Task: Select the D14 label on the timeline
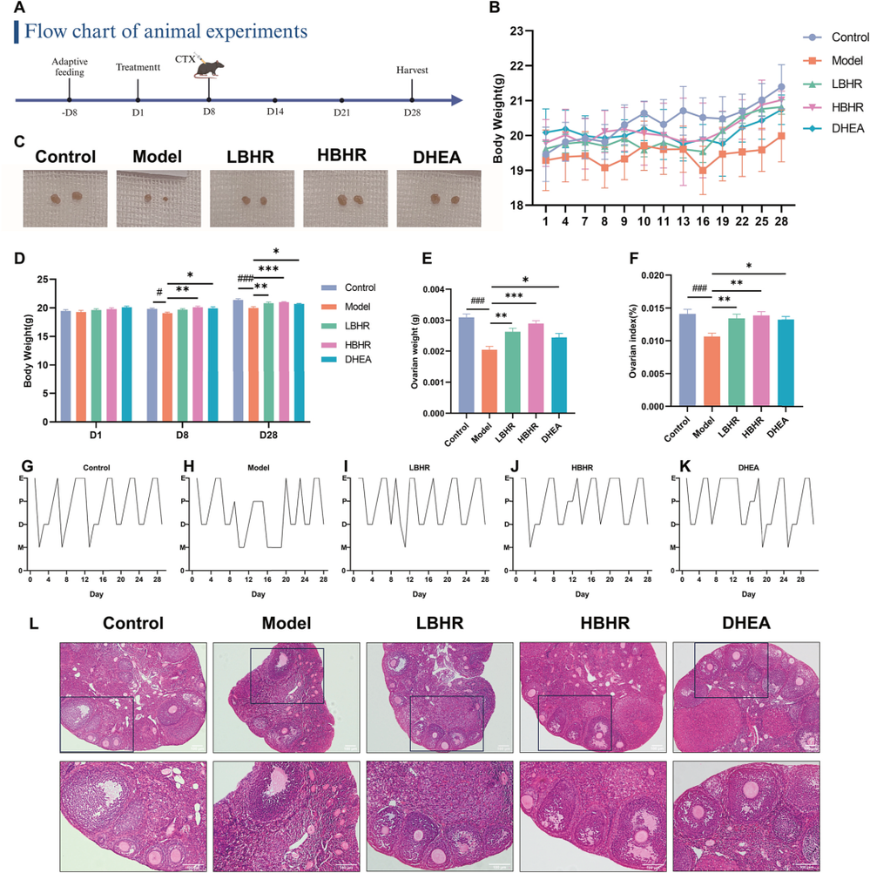coord(275,112)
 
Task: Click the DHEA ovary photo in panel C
coord(439,200)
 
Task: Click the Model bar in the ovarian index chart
coord(712,370)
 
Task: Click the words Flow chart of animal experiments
coord(165,31)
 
